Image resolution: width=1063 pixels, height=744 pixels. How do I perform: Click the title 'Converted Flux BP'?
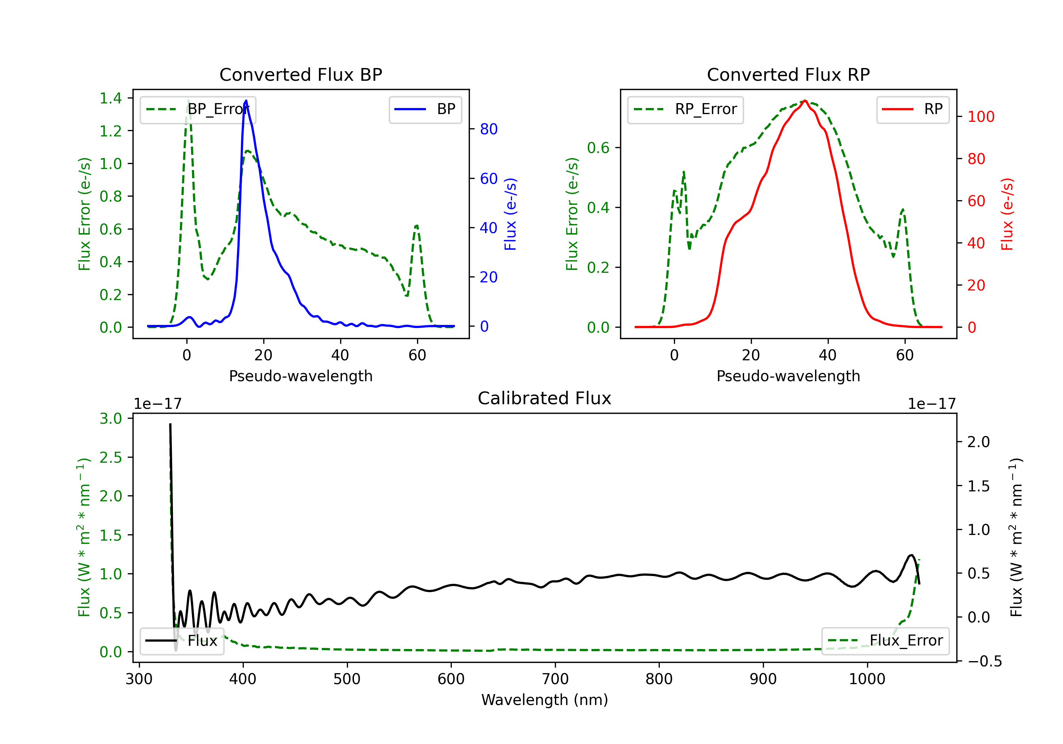click(x=300, y=74)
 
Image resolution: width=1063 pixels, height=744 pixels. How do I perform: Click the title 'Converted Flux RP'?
click(x=788, y=74)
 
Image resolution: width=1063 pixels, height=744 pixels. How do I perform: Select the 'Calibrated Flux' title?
click(x=545, y=398)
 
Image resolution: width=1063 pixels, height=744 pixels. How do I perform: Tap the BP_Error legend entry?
click(x=198, y=109)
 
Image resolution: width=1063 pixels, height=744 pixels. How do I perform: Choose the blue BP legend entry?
click(x=425, y=109)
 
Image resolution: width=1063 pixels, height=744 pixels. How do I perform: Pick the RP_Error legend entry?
click(x=685, y=109)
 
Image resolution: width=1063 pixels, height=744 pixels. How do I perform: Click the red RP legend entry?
click(x=912, y=109)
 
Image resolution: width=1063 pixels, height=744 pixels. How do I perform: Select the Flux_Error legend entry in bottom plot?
click(x=885, y=641)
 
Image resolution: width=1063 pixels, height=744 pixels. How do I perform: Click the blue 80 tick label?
click(x=489, y=129)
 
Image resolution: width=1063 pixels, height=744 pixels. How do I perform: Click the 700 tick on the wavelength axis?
click(x=555, y=679)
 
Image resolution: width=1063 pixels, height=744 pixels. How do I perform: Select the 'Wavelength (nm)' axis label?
click(x=545, y=700)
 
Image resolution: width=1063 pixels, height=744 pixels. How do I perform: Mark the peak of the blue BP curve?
click(x=246, y=101)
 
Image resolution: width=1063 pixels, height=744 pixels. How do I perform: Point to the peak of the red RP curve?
click(x=805, y=101)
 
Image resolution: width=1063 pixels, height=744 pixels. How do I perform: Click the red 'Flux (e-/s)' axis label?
click(x=1007, y=214)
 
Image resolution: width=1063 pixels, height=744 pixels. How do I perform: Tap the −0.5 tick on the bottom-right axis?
click(x=985, y=661)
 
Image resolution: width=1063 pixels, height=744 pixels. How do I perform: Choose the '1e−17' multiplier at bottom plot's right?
click(x=932, y=404)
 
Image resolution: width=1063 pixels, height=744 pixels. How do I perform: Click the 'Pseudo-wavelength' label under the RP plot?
click(x=788, y=376)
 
